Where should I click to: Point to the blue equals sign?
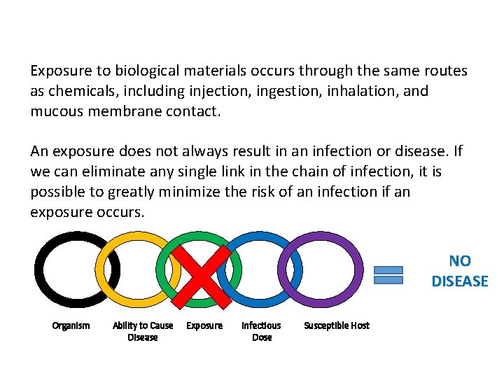(389, 274)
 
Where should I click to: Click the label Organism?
(71, 325)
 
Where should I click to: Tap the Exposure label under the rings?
(204, 325)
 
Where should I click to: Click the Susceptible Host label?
(337, 325)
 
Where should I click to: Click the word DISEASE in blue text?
(460, 281)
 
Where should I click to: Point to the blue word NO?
(460, 261)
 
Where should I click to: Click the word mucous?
(58, 111)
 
